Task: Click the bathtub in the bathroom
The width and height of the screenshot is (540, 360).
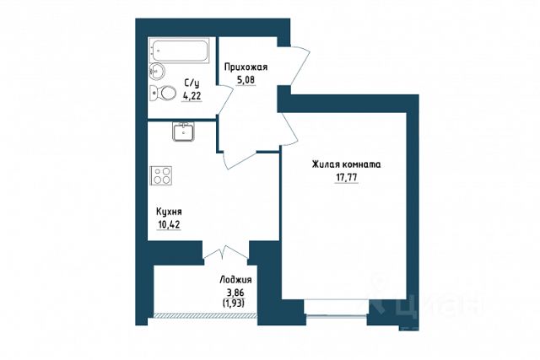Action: tap(179, 51)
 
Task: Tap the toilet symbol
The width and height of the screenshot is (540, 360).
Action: tap(164, 93)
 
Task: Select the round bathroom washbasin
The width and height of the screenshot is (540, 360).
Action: tap(157, 72)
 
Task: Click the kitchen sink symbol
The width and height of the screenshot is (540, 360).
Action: tap(184, 132)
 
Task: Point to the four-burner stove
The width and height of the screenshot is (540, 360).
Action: tap(161, 175)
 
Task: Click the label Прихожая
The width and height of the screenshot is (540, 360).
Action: tap(246, 67)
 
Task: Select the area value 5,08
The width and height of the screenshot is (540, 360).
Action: tap(246, 80)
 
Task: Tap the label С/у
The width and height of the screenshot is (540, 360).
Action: tap(192, 83)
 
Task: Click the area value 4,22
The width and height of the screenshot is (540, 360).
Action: tap(192, 96)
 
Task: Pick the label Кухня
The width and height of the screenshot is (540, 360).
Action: tap(169, 212)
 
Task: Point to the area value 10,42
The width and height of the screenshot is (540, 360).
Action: tap(169, 225)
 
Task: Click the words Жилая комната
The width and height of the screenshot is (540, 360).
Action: tap(347, 164)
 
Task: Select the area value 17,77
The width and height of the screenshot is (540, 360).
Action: tap(347, 178)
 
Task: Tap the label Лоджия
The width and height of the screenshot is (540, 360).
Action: tap(235, 280)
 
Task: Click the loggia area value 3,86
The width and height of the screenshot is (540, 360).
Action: tap(235, 293)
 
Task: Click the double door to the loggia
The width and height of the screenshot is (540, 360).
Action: tap(225, 252)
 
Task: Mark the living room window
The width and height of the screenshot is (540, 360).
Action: tap(337, 308)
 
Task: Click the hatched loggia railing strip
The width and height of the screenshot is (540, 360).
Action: tap(205, 315)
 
